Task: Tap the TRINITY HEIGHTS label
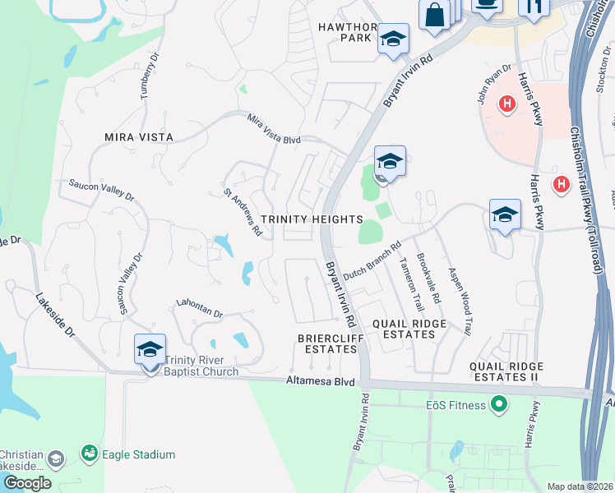tap(312, 219)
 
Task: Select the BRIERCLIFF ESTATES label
tap(328, 343)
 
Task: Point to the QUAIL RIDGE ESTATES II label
tap(504, 371)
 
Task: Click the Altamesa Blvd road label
tap(320, 381)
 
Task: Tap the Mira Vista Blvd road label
tap(275, 130)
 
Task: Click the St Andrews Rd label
tap(243, 212)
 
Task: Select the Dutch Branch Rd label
tap(372, 260)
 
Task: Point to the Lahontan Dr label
tap(199, 309)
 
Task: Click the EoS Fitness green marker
tap(497, 404)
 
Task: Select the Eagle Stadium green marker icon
tap(88, 453)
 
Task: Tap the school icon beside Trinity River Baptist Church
tap(150, 350)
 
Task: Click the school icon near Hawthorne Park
tap(393, 39)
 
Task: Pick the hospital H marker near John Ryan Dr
tap(507, 105)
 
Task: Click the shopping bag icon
tap(434, 14)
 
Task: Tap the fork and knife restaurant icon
tap(534, 7)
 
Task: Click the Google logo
tap(27, 483)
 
